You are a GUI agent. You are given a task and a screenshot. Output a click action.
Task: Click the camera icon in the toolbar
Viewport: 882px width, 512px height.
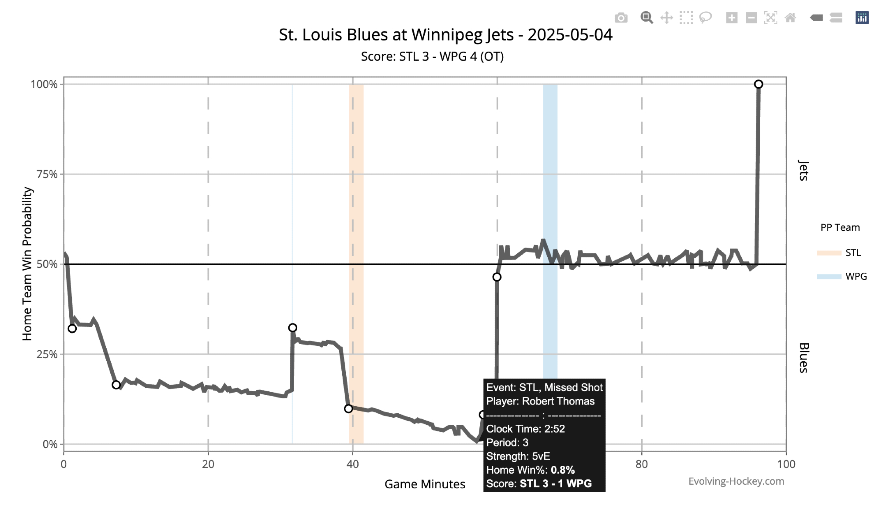coord(621,18)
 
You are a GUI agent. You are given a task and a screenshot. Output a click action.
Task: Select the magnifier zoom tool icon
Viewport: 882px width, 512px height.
coord(647,18)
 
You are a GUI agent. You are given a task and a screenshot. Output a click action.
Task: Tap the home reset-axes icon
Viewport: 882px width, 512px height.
coord(790,18)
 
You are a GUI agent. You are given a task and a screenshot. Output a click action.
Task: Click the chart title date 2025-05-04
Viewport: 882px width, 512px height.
coord(570,35)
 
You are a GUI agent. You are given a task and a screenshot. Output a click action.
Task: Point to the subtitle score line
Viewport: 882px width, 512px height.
coord(432,56)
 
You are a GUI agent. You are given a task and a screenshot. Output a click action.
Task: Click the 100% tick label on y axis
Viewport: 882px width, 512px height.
coord(44,84)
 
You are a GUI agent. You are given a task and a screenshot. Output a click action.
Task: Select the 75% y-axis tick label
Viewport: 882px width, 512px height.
coord(47,174)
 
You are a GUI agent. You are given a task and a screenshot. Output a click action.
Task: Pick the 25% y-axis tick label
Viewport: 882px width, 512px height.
coord(47,354)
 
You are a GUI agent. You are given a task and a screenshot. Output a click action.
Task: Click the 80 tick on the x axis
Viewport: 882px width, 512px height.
coord(642,464)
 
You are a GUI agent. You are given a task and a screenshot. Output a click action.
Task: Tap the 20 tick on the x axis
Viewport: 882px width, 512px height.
coord(208,464)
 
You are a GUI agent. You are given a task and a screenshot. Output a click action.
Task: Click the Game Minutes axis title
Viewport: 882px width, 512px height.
coord(425,484)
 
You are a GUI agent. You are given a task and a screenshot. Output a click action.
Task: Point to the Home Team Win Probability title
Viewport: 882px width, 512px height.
coord(27,263)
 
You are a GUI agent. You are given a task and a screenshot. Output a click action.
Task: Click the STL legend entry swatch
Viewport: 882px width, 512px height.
coord(829,253)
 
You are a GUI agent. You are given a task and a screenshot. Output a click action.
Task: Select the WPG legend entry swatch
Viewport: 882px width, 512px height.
coord(829,277)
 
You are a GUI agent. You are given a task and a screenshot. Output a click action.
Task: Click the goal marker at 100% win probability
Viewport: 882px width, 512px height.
coord(758,84)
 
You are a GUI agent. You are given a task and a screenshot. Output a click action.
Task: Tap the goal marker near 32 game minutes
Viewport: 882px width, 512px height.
coord(292,328)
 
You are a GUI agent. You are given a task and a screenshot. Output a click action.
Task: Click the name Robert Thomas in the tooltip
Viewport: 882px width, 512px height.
coord(558,401)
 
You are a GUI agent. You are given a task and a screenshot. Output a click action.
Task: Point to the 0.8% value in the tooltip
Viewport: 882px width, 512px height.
coord(563,470)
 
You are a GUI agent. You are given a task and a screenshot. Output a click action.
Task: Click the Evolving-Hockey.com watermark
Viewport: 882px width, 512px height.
coord(736,481)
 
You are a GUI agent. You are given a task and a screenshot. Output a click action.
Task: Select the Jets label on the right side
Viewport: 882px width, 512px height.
coord(804,171)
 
